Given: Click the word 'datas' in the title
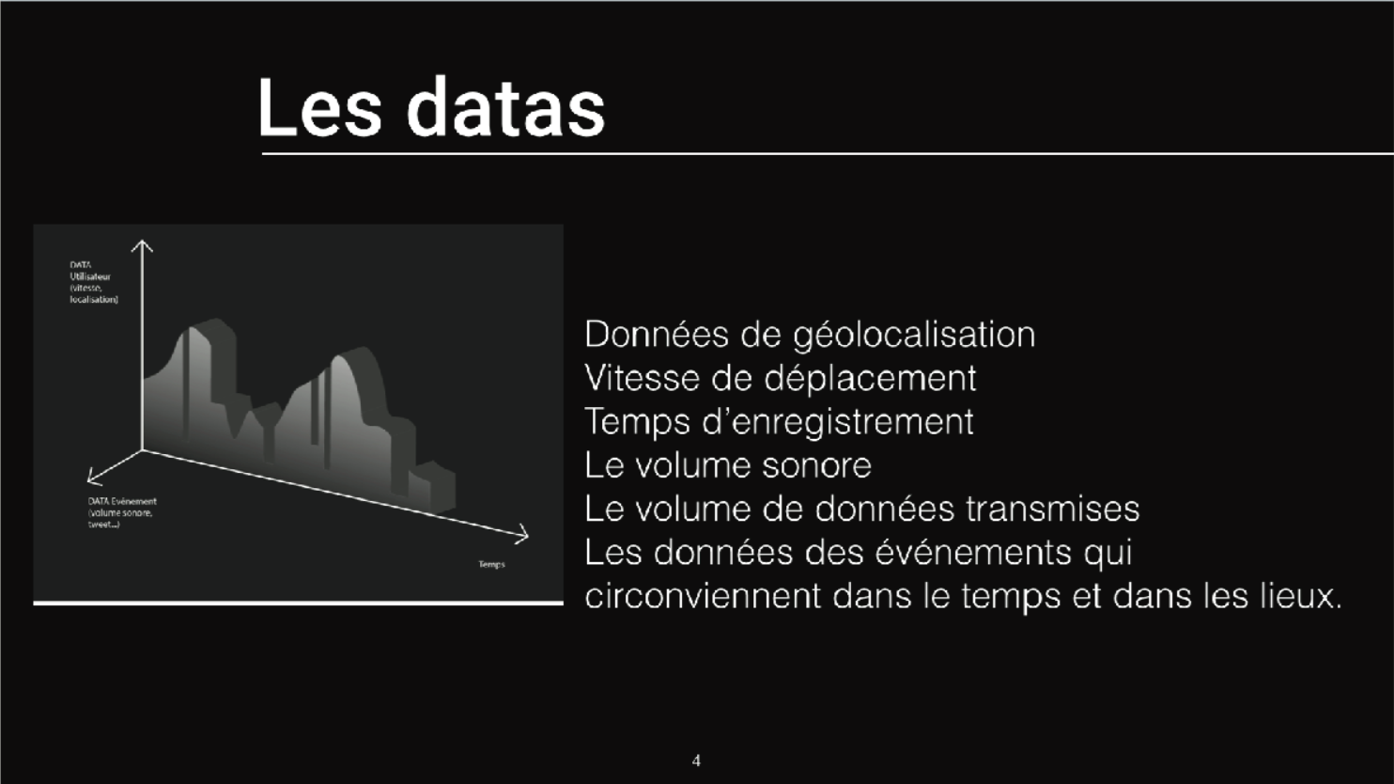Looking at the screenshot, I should tap(505, 107).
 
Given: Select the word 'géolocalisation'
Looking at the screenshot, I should tap(914, 336).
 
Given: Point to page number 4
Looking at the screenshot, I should tap(696, 760).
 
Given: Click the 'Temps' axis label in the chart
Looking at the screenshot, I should tap(491, 564).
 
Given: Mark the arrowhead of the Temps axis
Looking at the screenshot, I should tap(523, 536).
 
